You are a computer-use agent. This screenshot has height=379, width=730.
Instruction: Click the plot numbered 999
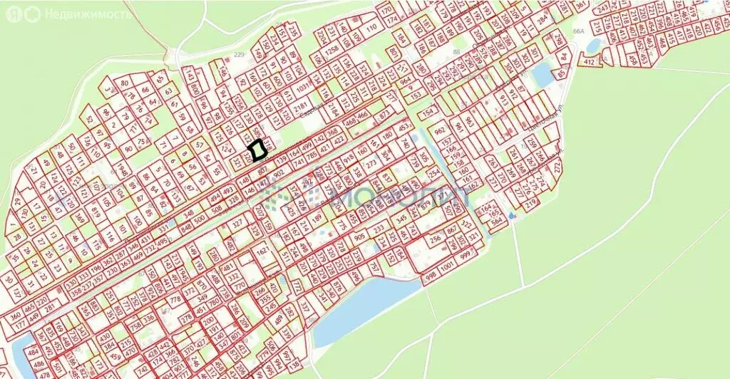[468, 256]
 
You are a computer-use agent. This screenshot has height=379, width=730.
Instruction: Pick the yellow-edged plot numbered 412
[589, 63]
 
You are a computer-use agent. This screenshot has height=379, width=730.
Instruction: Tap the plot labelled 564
[496, 221]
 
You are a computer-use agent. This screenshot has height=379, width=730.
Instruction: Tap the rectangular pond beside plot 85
[541, 73]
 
